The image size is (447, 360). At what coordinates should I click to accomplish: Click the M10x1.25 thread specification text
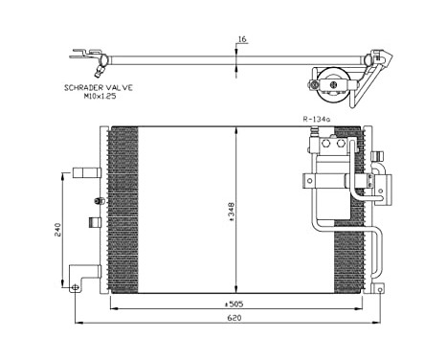pos(99,96)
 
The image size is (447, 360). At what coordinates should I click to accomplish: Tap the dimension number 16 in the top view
pos(241,40)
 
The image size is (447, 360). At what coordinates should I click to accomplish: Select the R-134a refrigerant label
pos(316,120)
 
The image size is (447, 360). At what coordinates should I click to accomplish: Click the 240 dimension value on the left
pos(58,230)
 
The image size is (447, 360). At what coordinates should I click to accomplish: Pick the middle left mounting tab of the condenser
pos(95,222)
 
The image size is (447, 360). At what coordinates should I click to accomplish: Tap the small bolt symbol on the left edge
pos(99,200)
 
